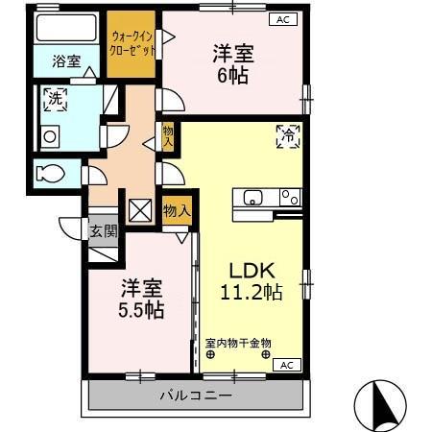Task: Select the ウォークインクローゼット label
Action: (x=131, y=44)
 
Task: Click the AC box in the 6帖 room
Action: (x=283, y=19)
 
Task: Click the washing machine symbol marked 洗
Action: (x=54, y=99)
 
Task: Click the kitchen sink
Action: (x=253, y=198)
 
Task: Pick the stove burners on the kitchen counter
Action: (x=289, y=197)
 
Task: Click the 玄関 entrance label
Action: (x=103, y=230)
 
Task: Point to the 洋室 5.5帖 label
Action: (x=141, y=298)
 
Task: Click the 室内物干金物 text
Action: (x=238, y=342)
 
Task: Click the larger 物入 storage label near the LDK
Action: (x=177, y=208)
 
